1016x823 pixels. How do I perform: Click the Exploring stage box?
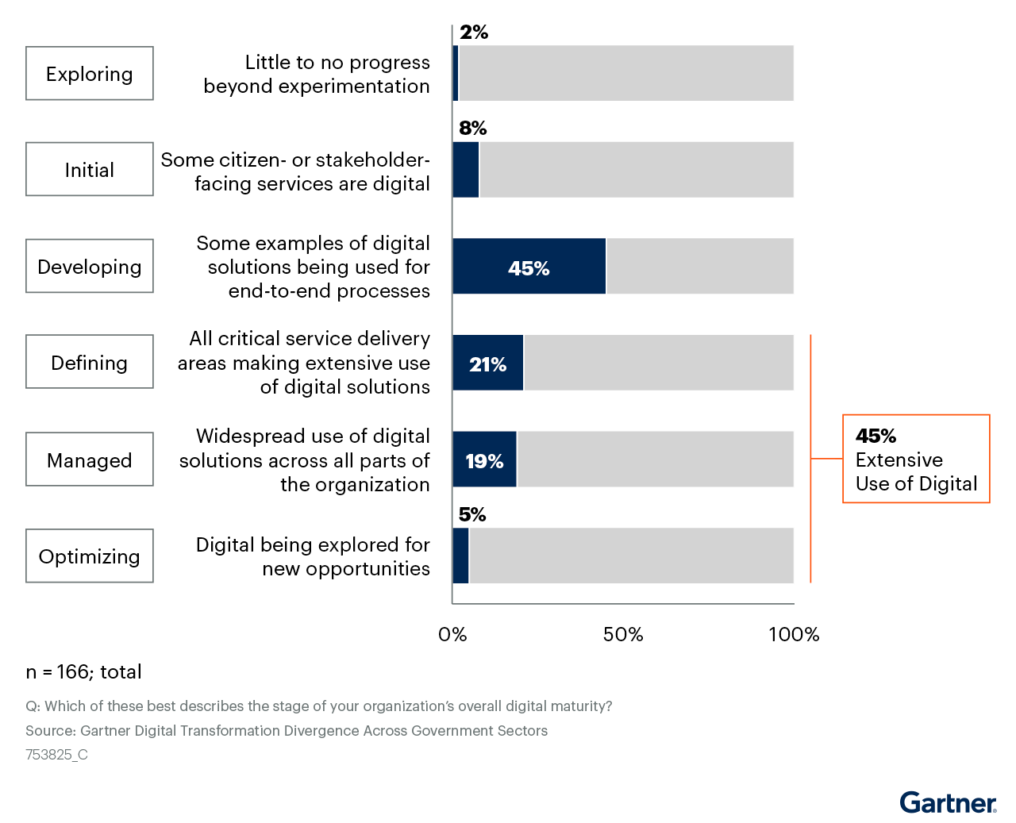90,74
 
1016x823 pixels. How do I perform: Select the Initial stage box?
90,170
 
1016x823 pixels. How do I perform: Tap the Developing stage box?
90,267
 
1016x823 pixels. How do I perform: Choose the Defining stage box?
90,363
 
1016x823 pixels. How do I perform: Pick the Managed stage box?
90,460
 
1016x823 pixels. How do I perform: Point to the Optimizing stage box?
90,556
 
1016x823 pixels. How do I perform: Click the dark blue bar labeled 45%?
529,267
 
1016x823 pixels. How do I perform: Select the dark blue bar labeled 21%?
488,363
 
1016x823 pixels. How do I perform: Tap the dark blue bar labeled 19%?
484,460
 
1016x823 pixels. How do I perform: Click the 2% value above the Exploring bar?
474,33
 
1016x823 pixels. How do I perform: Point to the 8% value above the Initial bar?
473,129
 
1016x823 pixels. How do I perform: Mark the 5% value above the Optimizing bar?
472,515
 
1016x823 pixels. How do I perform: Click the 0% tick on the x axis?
452,635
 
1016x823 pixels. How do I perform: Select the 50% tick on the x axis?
623,635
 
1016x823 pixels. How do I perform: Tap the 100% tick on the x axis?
794,635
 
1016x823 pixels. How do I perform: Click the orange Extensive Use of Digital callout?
916,460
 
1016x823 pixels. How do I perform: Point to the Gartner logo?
949,803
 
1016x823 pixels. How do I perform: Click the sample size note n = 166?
84,672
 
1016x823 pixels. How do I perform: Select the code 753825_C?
56,755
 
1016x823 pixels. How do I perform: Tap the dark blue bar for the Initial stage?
466,170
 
